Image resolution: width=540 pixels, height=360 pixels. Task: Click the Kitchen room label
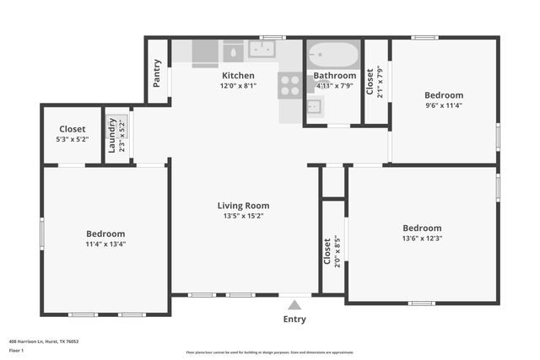click(237, 76)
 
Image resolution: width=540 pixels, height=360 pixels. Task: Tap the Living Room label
click(243, 206)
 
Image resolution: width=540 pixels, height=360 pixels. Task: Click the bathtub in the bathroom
click(332, 57)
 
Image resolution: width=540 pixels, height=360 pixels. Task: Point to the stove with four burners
click(289, 84)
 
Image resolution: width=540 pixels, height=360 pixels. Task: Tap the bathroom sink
click(313, 107)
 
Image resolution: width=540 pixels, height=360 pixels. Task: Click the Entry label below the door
click(294, 320)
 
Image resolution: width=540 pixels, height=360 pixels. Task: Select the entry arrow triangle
click(294, 305)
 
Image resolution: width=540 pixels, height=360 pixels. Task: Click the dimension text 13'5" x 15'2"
click(243, 216)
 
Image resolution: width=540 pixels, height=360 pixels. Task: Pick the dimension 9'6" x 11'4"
click(443, 105)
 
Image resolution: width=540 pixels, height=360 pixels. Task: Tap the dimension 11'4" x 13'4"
click(105, 244)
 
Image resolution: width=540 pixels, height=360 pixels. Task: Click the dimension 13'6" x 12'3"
click(422, 239)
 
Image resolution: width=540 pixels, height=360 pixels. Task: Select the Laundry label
click(112, 135)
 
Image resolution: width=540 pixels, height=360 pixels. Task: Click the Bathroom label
click(335, 76)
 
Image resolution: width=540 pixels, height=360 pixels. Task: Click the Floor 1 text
click(17, 349)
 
